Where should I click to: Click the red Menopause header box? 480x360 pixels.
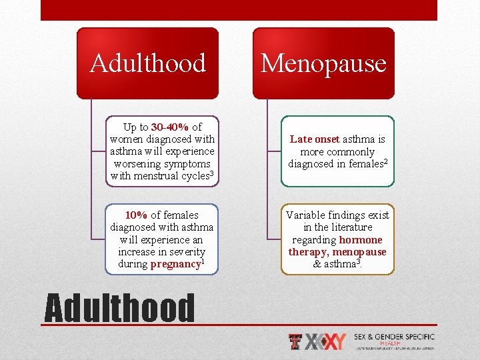tap(323, 63)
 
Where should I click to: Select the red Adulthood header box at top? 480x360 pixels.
tap(147, 63)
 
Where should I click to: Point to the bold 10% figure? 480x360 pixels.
tap(136, 215)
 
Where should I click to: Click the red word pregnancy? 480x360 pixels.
tap(175, 264)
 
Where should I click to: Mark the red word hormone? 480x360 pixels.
tap(361, 239)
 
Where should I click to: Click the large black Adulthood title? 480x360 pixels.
tap(119, 309)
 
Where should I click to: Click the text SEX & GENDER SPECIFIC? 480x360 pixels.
tap(394, 337)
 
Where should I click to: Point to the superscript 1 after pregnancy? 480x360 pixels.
tap(203, 261)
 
